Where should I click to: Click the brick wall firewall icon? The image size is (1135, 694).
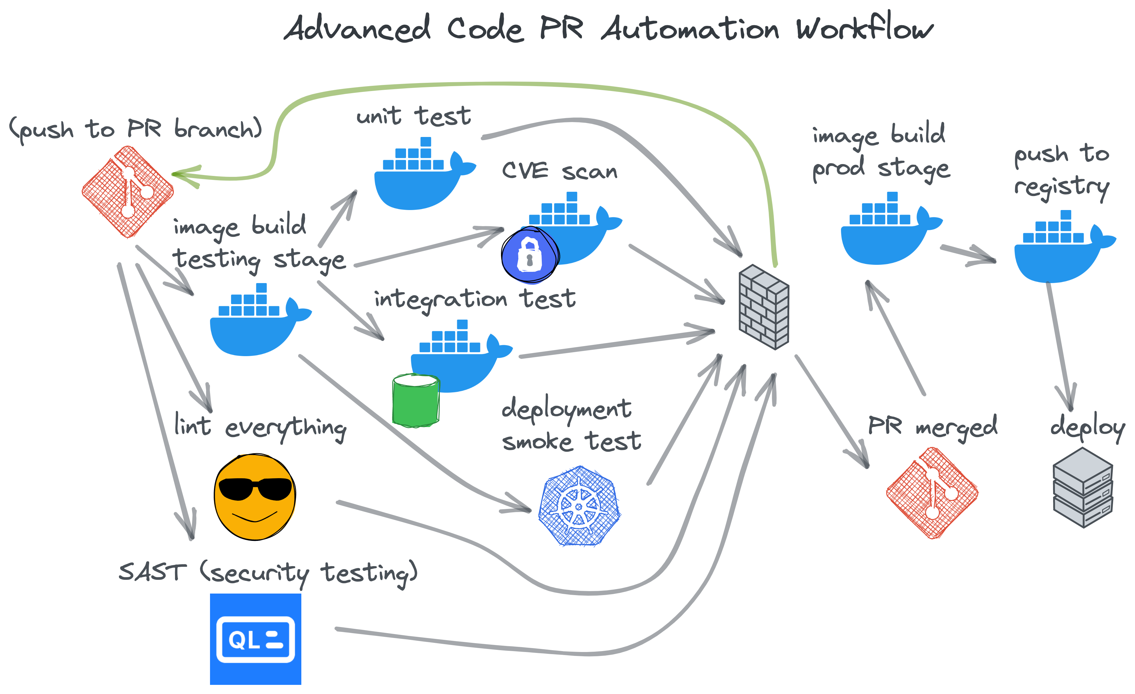(764, 307)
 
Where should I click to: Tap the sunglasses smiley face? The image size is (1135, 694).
(255, 496)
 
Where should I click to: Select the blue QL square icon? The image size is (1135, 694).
(256, 639)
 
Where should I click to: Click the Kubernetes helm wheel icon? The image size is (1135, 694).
(580, 506)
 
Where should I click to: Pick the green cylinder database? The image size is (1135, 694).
(415, 401)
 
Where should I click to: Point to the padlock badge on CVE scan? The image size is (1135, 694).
(530, 255)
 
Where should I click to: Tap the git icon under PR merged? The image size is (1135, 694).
(932, 493)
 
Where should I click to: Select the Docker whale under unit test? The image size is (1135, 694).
(422, 177)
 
